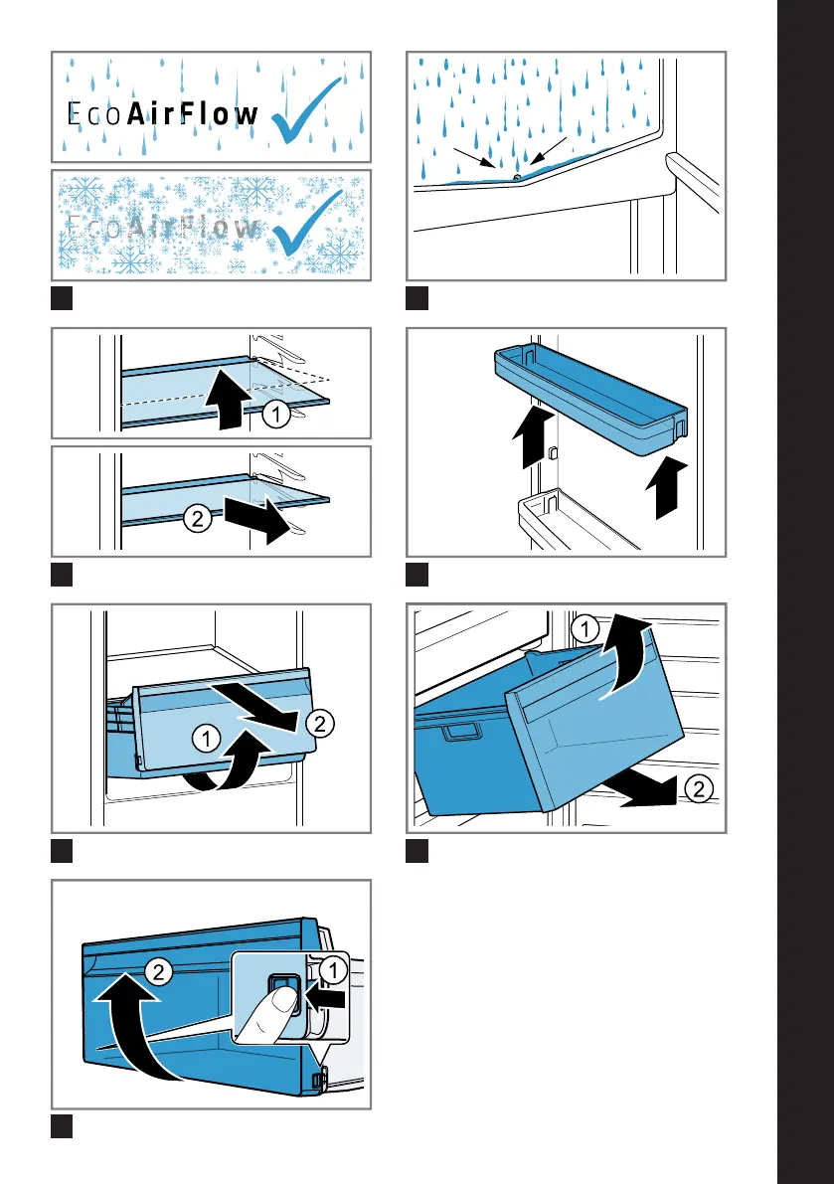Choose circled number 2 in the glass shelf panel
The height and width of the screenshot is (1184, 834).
coord(196,518)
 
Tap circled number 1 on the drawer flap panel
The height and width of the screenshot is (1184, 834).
coord(206,738)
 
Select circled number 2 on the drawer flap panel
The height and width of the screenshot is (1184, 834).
coord(318,726)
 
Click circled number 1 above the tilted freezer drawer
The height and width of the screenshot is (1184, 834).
coord(585,628)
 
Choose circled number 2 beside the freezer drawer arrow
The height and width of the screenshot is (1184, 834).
coord(698,790)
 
